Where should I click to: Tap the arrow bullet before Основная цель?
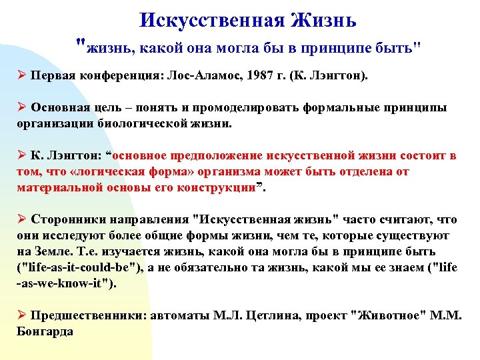coord(21,108)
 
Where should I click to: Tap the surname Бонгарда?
coord(45,331)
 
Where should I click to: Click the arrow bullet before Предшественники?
coord(21,315)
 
